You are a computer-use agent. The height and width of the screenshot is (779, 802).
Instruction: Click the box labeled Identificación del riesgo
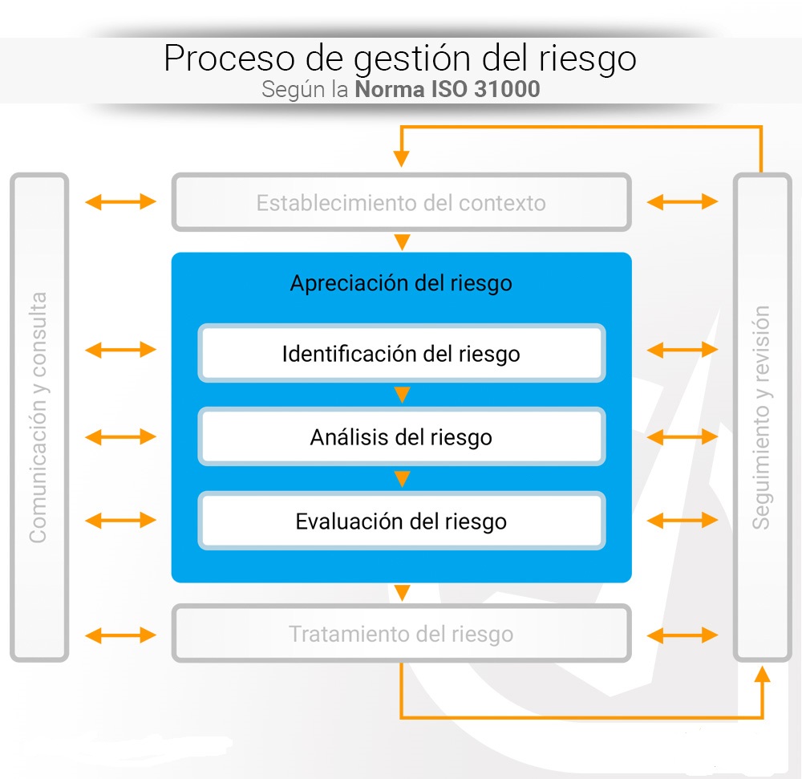click(401, 353)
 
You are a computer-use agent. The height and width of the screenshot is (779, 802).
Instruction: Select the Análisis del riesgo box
click(401, 437)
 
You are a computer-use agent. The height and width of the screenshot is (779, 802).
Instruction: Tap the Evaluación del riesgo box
click(401, 521)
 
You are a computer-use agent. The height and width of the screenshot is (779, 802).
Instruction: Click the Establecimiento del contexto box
click(401, 202)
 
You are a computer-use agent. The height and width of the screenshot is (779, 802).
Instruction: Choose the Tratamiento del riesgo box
click(401, 635)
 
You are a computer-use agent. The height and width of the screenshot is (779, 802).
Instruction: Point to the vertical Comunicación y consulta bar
click(38, 417)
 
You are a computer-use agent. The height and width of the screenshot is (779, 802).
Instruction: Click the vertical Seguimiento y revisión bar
click(763, 417)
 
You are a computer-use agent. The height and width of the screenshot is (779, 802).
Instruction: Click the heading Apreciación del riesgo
click(401, 283)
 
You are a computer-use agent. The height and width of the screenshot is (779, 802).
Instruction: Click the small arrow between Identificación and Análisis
click(403, 395)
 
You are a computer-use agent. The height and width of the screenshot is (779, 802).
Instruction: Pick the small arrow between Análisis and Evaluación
click(403, 479)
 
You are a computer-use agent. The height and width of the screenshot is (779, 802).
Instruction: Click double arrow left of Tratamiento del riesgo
click(120, 635)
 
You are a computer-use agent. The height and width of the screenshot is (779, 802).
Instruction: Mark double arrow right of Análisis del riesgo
click(683, 437)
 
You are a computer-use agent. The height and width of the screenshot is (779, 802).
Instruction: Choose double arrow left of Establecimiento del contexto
click(120, 201)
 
